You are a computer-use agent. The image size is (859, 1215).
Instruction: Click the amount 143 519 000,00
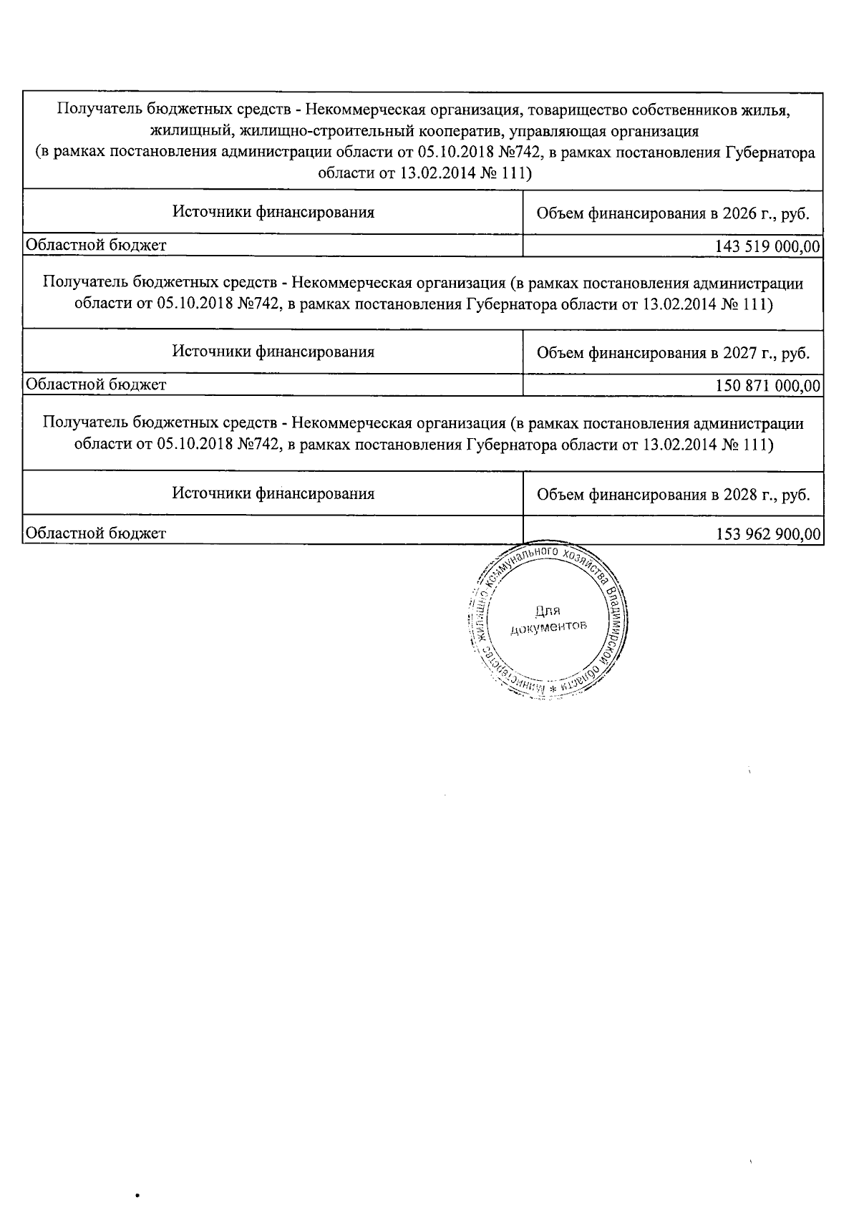(x=767, y=246)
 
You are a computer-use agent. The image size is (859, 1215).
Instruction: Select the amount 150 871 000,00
(x=767, y=386)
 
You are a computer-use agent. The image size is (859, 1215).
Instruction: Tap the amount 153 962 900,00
(x=767, y=534)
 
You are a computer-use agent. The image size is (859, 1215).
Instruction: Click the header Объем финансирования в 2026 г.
(x=673, y=213)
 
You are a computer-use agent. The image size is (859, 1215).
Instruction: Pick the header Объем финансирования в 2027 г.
(x=673, y=353)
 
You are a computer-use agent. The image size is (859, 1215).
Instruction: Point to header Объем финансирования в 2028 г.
(x=673, y=495)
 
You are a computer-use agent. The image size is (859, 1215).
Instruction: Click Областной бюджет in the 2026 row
(x=96, y=246)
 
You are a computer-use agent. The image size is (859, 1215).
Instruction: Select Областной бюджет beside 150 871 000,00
(x=96, y=385)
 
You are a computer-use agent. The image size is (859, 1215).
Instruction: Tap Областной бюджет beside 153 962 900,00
(x=96, y=533)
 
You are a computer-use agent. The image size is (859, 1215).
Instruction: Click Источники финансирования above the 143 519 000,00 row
(x=273, y=212)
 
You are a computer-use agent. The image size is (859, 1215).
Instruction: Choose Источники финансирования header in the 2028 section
(x=273, y=493)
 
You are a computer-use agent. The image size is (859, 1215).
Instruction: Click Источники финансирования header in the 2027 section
(x=273, y=352)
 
